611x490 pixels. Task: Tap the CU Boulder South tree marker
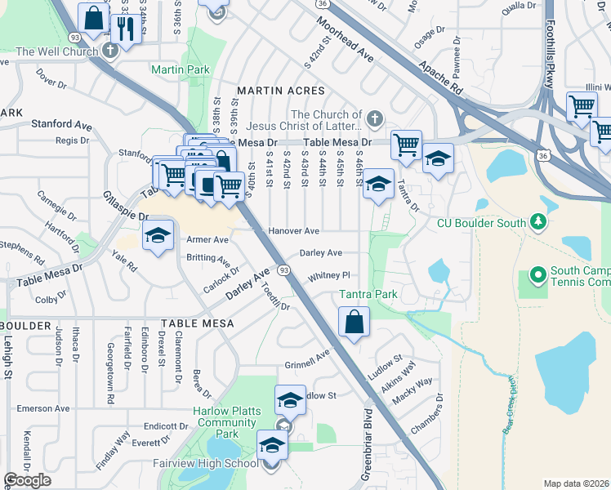pos(537,221)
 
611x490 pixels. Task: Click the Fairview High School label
pos(216,464)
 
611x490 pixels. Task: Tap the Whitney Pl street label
pos(328,276)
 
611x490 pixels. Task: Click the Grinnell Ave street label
pos(306,360)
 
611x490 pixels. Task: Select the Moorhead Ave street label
pos(345,42)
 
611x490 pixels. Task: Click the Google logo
pos(28,480)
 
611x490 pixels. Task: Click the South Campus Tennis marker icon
pos(538,275)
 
